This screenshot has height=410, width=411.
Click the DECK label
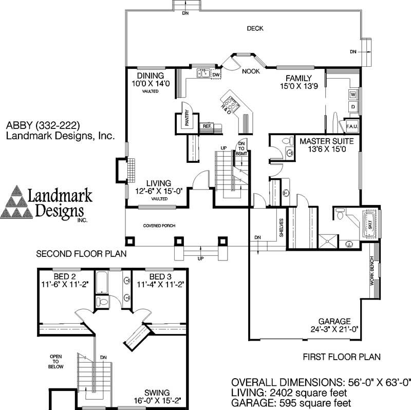(255, 29)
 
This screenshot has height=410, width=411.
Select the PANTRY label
(188, 118)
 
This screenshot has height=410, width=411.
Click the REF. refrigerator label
(207, 126)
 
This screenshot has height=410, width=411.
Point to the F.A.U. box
(352, 126)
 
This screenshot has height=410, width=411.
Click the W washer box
(353, 95)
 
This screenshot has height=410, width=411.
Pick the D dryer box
(353, 107)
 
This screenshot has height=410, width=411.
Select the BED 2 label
(64, 275)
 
